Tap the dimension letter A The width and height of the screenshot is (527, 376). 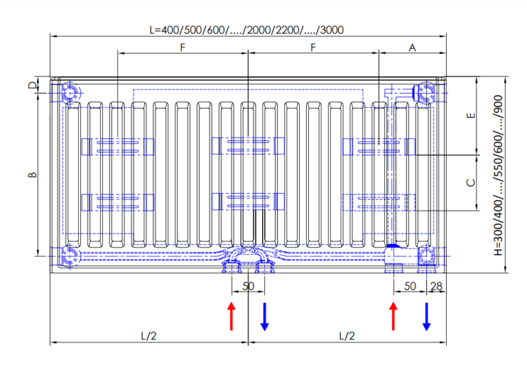tap(412, 47)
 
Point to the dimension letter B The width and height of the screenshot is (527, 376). tap(32, 175)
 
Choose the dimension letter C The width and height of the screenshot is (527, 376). tap(470, 182)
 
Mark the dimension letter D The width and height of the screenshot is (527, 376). tap(32, 86)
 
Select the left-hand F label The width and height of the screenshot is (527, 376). tap(183, 47)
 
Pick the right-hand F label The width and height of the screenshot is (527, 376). tap(313, 47)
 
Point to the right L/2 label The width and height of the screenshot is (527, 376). tap(347, 336)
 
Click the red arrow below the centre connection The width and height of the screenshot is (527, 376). tap(231, 315)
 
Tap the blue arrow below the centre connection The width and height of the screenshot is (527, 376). tap(264, 315)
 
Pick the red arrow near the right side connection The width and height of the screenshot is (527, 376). tap(393, 315)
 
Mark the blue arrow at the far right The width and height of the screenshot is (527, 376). tap(426, 315)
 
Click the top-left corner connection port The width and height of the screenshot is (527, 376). tap(71, 92)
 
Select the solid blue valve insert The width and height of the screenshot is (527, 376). tap(394, 247)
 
